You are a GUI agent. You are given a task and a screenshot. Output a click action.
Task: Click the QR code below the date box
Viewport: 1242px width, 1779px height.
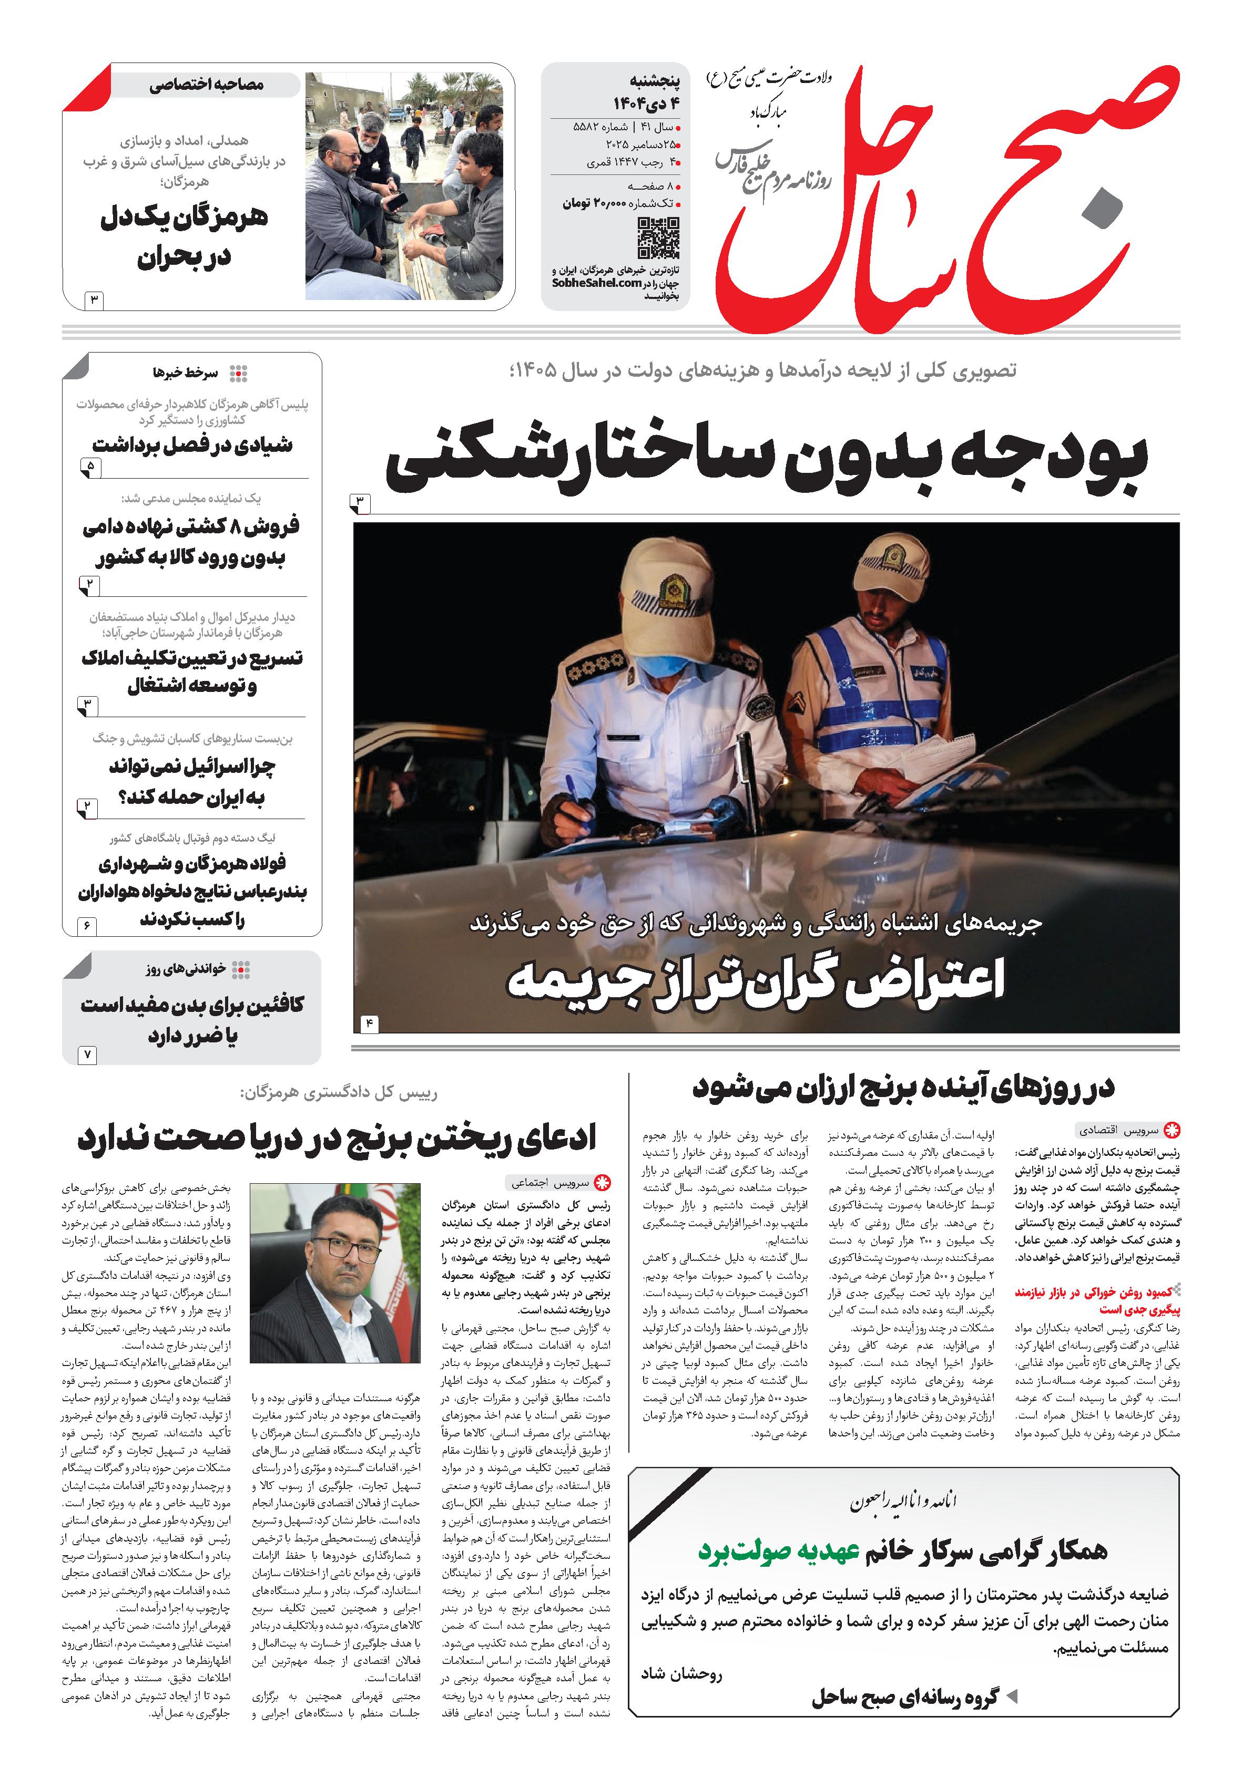pyautogui.click(x=658, y=238)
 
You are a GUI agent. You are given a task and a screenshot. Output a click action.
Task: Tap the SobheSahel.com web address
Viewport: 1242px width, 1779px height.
pyautogui.click(x=596, y=283)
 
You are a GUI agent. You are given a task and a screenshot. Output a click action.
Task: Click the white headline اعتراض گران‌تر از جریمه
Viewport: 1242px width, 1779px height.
pyautogui.click(x=756, y=979)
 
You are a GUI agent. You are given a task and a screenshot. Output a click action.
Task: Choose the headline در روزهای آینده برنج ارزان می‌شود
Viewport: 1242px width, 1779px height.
pyautogui.click(x=903, y=1087)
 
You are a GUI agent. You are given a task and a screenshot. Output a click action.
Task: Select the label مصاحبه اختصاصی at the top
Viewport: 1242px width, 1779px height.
pyautogui.click(x=206, y=85)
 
